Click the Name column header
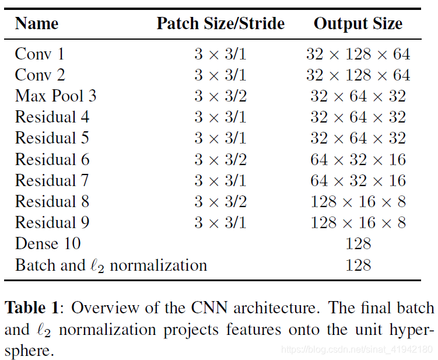click(36, 24)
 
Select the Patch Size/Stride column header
click(220, 24)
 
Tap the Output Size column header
click(358, 24)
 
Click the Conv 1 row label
click(40, 54)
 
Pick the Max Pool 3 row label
click(55, 96)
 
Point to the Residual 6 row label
click(52, 159)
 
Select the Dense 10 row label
click(47, 243)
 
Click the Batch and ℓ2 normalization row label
click(111, 265)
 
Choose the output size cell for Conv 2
click(358, 75)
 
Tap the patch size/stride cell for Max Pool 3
click(220, 96)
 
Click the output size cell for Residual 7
click(358, 180)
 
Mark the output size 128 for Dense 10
click(358, 243)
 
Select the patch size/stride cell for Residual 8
click(220, 201)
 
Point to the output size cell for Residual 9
click(358, 222)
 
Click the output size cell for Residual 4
click(358, 117)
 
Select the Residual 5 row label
click(52, 138)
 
